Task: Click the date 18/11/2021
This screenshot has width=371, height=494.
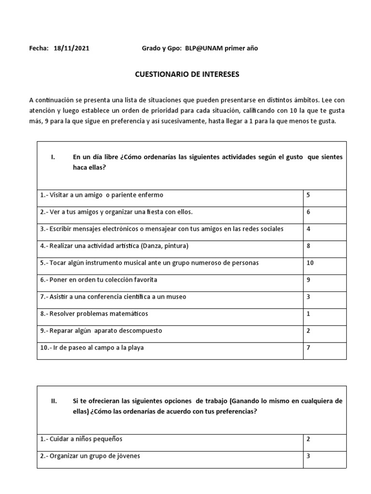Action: click(71, 48)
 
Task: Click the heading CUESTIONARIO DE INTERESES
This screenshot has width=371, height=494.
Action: click(186, 75)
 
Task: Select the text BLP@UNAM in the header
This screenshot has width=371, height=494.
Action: click(203, 48)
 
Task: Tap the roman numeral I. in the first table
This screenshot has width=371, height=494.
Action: click(54, 157)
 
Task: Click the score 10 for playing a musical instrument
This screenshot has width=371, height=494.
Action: click(310, 263)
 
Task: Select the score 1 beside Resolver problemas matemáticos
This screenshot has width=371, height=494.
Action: click(308, 314)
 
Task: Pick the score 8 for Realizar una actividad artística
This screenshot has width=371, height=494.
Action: click(308, 246)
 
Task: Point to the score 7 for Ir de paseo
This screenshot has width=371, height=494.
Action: click(308, 347)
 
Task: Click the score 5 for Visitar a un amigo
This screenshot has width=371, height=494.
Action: click(308, 195)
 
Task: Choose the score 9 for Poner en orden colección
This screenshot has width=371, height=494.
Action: click(308, 280)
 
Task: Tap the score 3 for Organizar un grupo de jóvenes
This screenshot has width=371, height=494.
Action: click(308, 456)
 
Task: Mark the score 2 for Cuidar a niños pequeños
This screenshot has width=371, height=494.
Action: click(308, 439)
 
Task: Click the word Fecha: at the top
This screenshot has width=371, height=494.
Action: click(39, 48)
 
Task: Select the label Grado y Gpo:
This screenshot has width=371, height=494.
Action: click(161, 48)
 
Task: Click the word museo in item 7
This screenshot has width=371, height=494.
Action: click(176, 297)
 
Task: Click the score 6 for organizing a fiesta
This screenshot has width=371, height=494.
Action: click(308, 212)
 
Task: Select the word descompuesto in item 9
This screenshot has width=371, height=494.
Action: click(140, 330)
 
